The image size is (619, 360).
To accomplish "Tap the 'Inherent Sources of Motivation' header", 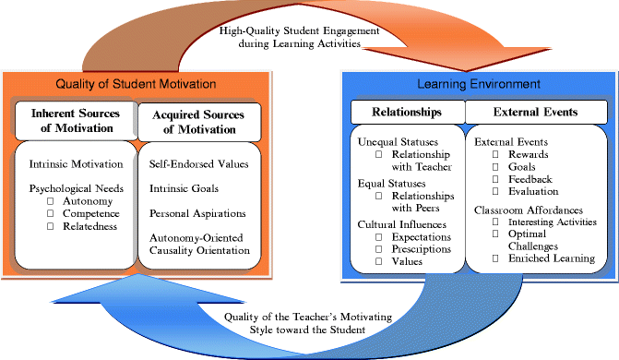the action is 73,121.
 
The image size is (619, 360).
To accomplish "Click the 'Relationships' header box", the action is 407,113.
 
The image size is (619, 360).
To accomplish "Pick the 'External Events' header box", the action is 535,113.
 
